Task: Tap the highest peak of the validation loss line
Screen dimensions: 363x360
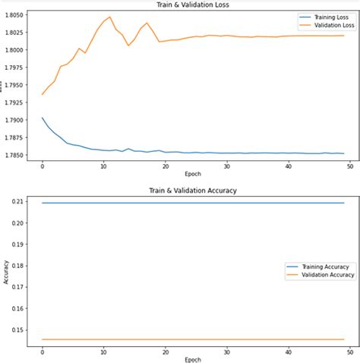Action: (110, 17)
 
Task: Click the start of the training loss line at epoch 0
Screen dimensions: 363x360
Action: (43, 118)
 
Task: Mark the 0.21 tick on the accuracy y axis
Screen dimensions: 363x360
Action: (17, 202)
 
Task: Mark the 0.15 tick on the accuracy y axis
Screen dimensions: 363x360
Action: (17, 330)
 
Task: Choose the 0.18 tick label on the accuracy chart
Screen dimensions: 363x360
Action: (17, 267)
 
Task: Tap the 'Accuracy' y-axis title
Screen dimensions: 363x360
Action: (5, 270)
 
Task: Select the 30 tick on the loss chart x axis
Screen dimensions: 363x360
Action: (227, 165)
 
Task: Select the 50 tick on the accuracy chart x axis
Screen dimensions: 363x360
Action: (349, 350)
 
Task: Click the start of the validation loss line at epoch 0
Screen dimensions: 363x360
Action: (43, 94)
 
